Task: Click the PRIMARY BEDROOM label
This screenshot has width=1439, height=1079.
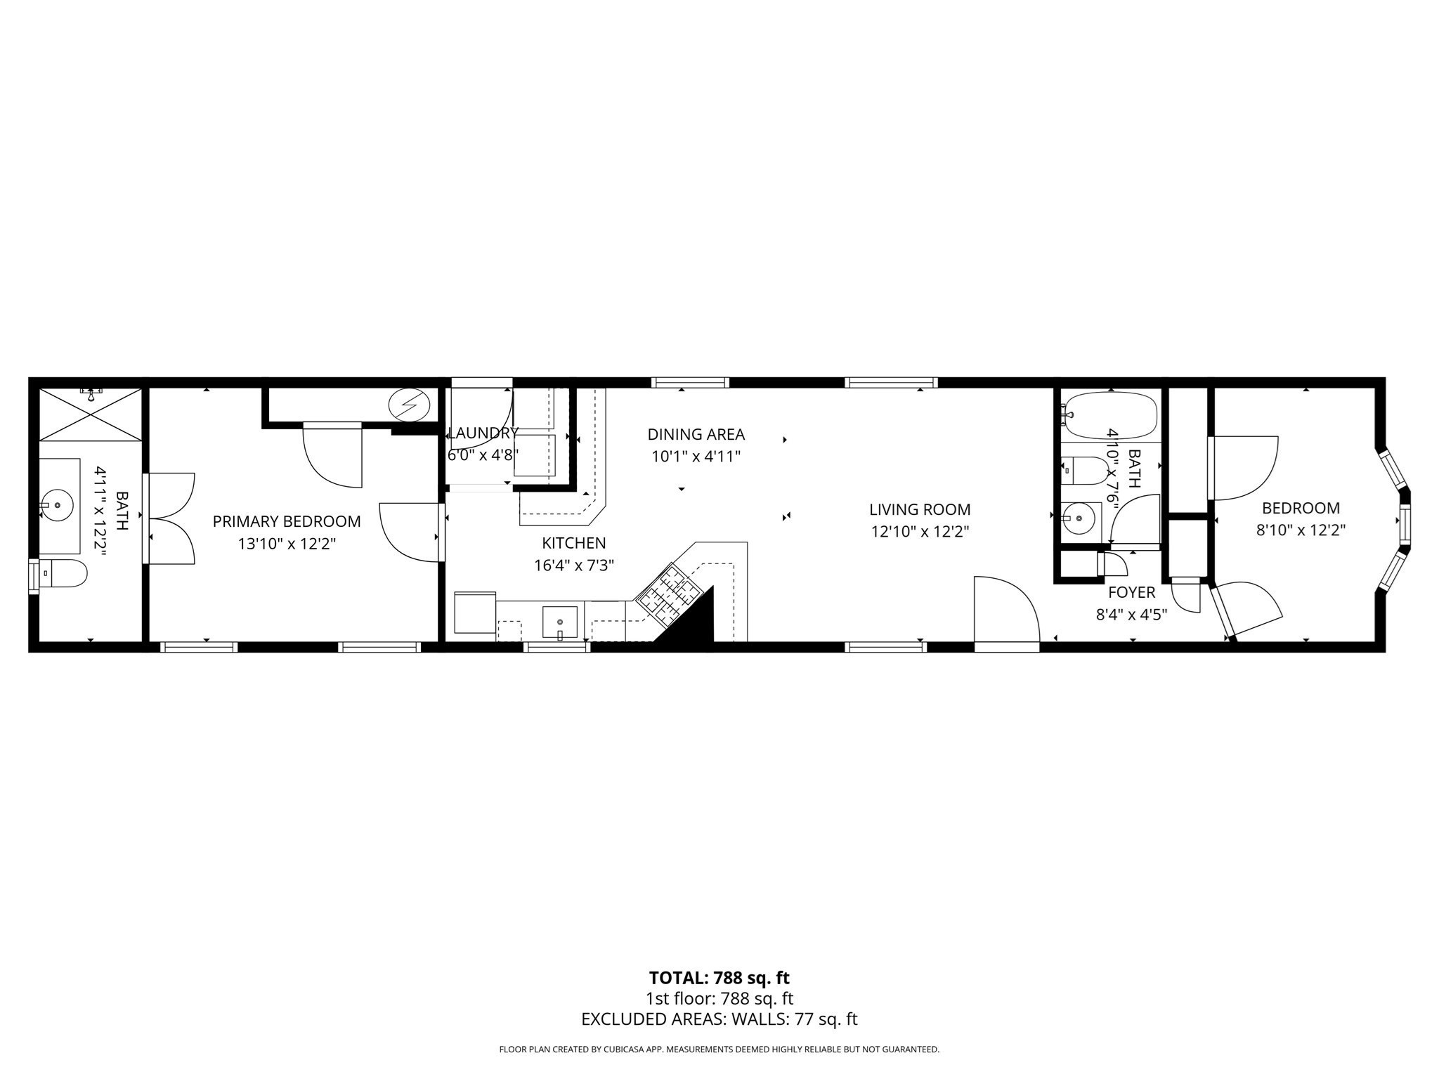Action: tap(287, 521)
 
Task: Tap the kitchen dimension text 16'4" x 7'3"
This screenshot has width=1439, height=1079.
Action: tap(574, 565)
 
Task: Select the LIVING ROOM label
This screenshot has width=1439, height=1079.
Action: tap(920, 509)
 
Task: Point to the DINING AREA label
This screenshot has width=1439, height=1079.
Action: tap(696, 435)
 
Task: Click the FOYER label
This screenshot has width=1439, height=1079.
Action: tap(1131, 593)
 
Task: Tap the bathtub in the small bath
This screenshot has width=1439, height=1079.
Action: tap(1110, 415)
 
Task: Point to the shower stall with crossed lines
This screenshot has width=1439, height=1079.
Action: tap(91, 415)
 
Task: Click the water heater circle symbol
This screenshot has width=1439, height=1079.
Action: tap(409, 405)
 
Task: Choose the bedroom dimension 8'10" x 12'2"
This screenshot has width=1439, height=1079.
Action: tap(1301, 530)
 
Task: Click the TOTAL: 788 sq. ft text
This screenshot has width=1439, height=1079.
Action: tap(719, 978)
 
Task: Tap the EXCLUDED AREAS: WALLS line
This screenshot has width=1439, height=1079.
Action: tap(719, 1019)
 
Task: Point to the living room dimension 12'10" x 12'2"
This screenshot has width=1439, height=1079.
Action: tap(920, 532)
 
